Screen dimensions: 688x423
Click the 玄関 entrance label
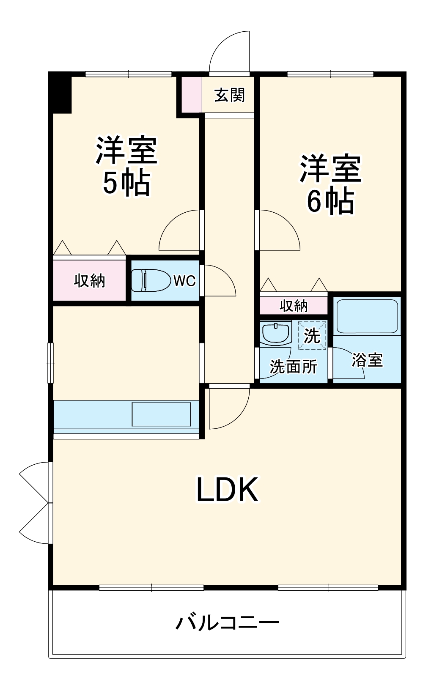[x=229, y=95]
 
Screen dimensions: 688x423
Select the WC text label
[x=184, y=281]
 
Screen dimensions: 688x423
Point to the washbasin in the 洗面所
[x=276, y=332]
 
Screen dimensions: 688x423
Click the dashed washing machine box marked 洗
[x=312, y=335]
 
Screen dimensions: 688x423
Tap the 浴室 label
[x=367, y=360]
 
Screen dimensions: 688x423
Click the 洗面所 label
[x=294, y=367]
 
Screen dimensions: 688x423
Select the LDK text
[x=227, y=490]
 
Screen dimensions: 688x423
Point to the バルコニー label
[x=227, y=622]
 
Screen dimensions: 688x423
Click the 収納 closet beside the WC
[x=89, y=280]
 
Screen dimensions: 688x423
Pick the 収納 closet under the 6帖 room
[x=294, y=305]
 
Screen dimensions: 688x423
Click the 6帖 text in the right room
[x=330, y=201]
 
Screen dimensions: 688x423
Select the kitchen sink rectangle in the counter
[x=161, y=414]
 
